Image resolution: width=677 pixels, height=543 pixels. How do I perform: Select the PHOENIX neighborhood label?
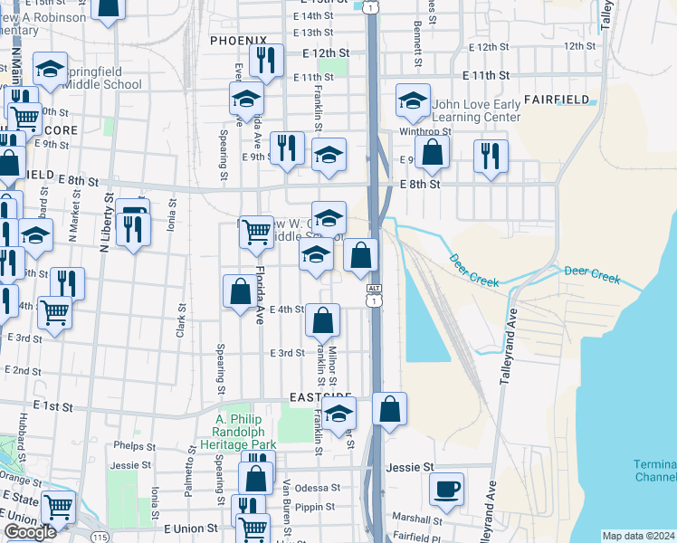238,41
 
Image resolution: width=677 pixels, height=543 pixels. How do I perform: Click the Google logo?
30,532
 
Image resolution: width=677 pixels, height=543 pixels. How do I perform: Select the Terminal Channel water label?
654,471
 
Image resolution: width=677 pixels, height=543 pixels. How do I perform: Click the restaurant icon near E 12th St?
266,61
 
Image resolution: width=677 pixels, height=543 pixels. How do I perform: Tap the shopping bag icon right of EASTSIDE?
389,409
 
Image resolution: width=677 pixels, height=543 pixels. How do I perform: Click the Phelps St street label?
136,445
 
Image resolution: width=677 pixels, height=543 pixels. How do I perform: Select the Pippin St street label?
317,508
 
